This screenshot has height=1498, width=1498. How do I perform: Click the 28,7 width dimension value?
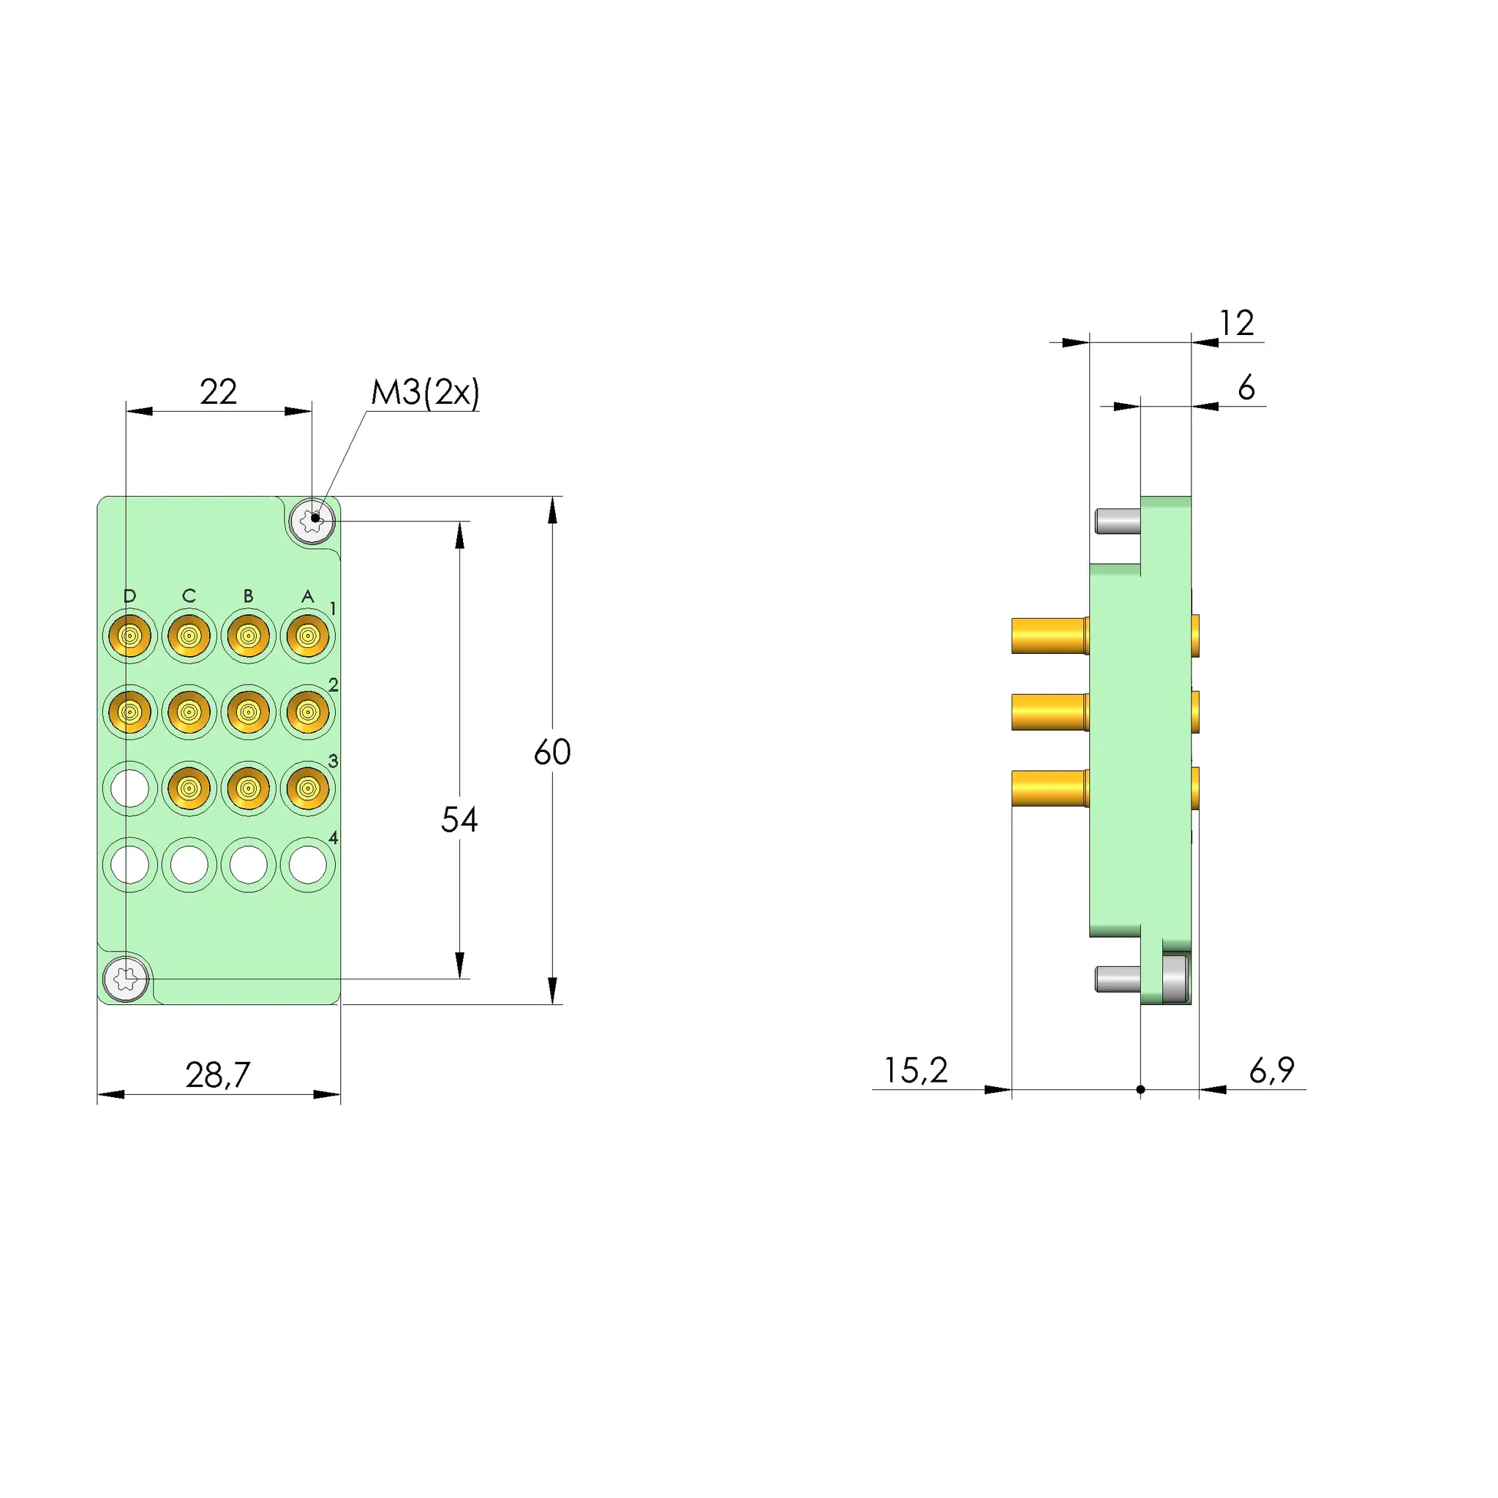218,1075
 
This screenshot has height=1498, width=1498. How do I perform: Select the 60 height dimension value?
552,752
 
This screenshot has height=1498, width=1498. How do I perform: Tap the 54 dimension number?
459,819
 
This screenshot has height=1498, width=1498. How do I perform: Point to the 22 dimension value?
218,391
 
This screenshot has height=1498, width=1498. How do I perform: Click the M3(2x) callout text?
425,392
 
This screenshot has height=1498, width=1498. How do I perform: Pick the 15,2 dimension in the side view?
916,1070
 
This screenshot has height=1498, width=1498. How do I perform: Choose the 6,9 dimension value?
1271,1070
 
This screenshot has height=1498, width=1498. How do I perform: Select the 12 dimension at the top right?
1237,323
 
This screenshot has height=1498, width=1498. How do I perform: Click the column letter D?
129,595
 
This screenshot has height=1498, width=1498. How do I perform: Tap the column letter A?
308,595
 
